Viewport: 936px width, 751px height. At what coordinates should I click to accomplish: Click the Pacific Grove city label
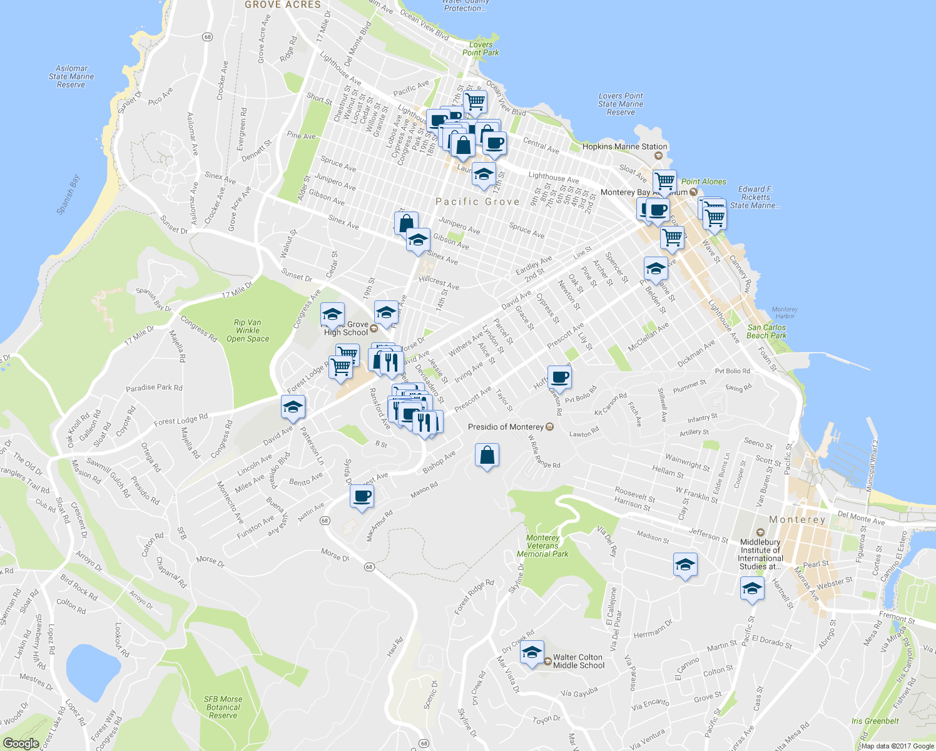coord(477,202)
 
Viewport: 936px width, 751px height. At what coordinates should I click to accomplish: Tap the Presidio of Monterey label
coord(506,427)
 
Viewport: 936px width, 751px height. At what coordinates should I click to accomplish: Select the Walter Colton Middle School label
coord(579,662)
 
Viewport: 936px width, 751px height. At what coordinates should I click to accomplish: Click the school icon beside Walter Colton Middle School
coord(532,653)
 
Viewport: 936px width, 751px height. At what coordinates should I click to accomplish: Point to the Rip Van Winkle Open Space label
coord(248,330)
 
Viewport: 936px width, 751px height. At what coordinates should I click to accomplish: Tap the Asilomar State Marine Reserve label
coord(71,76)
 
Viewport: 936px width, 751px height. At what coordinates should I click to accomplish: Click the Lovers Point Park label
coord(481,49)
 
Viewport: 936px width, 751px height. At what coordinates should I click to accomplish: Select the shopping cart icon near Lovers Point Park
coord(476,101)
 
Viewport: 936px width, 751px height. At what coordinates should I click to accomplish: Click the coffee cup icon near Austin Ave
coord(362,496)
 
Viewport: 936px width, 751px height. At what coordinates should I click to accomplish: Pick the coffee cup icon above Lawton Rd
coord(559,377)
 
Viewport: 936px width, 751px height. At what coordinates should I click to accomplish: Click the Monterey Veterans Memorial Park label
coord(542,546)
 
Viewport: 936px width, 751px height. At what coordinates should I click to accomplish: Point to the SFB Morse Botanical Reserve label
coord(223,707)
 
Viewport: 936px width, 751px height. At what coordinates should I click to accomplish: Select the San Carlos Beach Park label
coord(766,331)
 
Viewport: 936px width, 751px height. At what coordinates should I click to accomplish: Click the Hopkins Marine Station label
coord(624,146)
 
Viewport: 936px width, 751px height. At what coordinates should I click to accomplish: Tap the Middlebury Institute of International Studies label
coord(760,554)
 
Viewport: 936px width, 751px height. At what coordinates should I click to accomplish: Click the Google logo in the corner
coord(21,743)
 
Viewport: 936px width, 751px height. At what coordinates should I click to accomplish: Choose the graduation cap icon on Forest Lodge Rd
coord(293,407)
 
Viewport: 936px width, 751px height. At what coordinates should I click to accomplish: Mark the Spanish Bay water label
coord(68,195)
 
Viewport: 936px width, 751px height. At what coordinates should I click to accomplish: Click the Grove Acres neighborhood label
coord(283,5)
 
